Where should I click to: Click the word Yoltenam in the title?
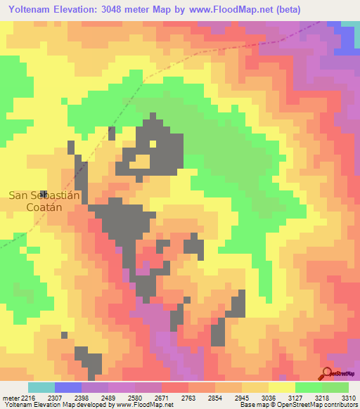click(32, 10)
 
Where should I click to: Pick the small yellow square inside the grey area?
click(153, 144)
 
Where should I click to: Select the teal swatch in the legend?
click(41, 387)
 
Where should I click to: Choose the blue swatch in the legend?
click(67, 387)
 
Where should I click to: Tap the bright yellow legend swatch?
click(281, 387)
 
